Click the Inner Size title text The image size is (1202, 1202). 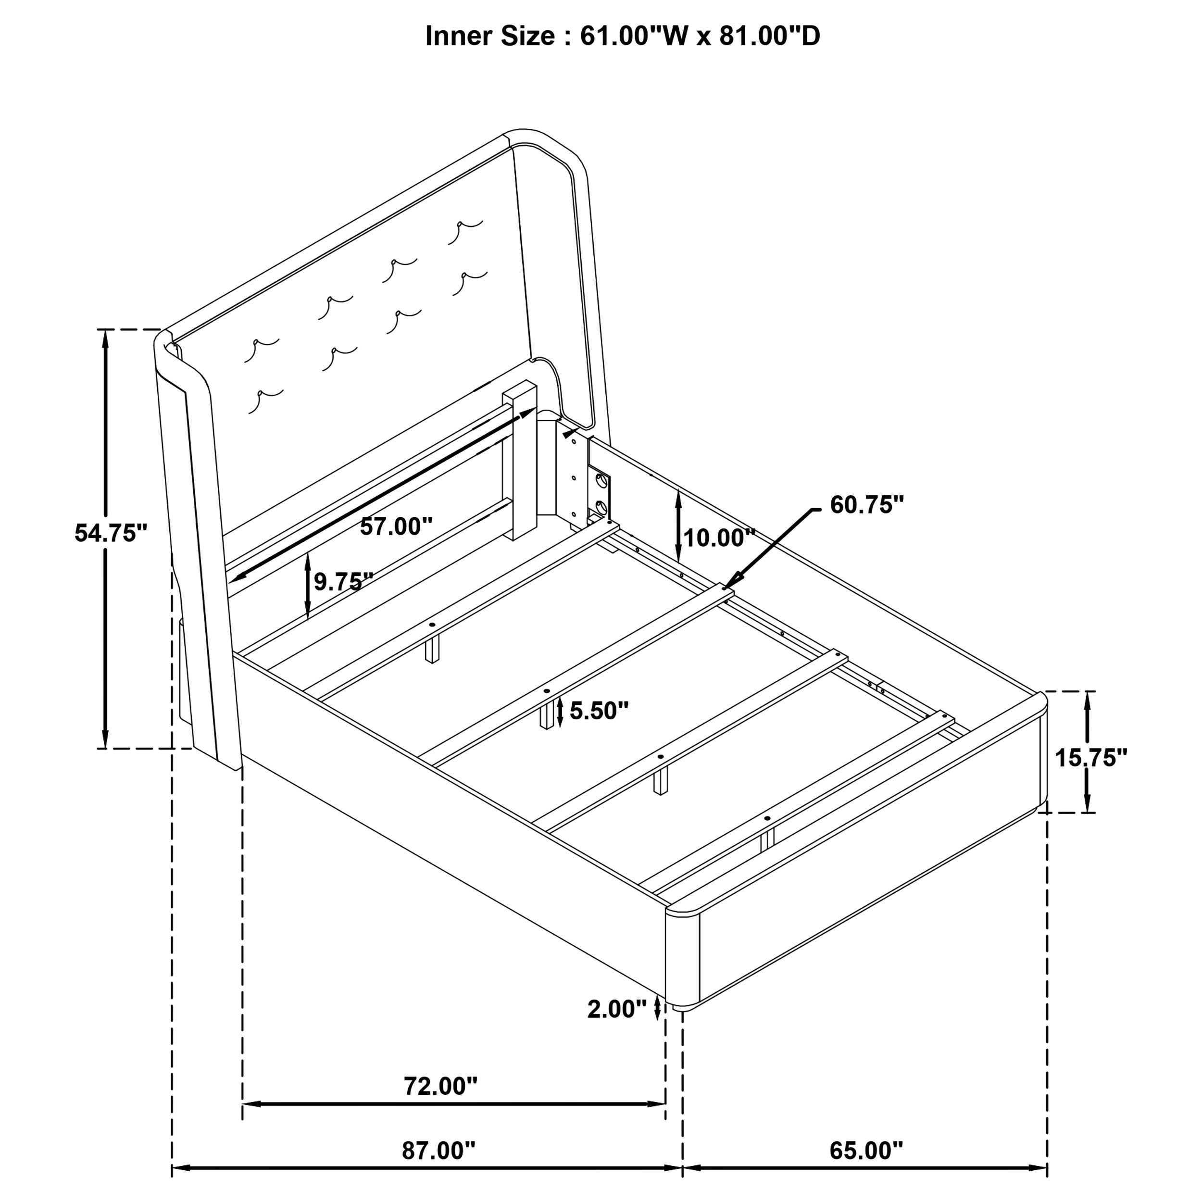click(x=623, y=36)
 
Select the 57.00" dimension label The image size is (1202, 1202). click(x=396, y=526)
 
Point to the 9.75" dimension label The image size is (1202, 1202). click(x=343, y=582)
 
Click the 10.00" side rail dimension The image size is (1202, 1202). click(x=719, y=538)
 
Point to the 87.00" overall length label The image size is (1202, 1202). click(x=438, y=1151)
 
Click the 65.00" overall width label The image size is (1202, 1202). click(x=866, y=1151)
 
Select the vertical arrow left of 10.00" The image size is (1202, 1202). click(x=677, y=526)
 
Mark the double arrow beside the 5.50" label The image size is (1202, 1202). click(x=561, y=712)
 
